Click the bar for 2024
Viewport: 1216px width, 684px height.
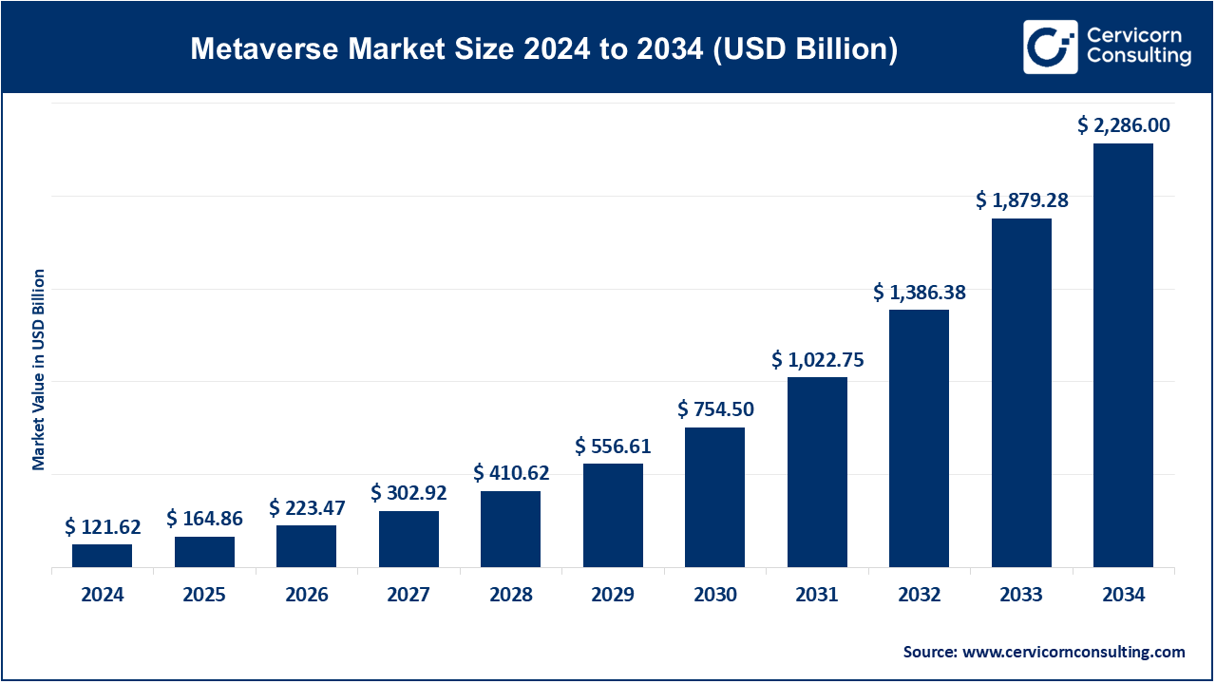tap(102, 556)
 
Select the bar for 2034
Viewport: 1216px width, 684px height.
tap(1123, 355)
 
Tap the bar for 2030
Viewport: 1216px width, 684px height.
tap(714, 497)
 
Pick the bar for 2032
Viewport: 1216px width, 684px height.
tap(919, 438)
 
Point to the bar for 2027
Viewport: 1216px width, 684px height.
tap(408, 539)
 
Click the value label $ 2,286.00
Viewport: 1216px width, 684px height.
tap(1123, 124)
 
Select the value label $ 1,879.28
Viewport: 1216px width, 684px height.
tap(1021, 199)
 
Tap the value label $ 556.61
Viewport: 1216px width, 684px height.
tap(613, 446)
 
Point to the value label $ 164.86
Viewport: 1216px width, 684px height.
tap(204, 518)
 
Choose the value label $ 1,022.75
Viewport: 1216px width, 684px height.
tap(817, 359)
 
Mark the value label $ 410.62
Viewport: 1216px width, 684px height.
tap(511, 472)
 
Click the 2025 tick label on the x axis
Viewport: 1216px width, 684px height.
tap(204, 596)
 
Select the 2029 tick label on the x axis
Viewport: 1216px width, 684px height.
tap(613, 596)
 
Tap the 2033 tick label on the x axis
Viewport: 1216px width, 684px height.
tap(1021, 596)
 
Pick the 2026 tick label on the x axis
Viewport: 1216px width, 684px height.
tap(306, 596)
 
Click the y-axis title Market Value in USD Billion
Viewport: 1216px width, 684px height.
tap(39, 370)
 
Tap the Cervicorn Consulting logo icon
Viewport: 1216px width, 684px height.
tap(1050, 47)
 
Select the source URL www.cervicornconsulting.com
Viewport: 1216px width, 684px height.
tap(1073, 652)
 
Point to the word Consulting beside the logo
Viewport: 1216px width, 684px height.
tap(1138, 57)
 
